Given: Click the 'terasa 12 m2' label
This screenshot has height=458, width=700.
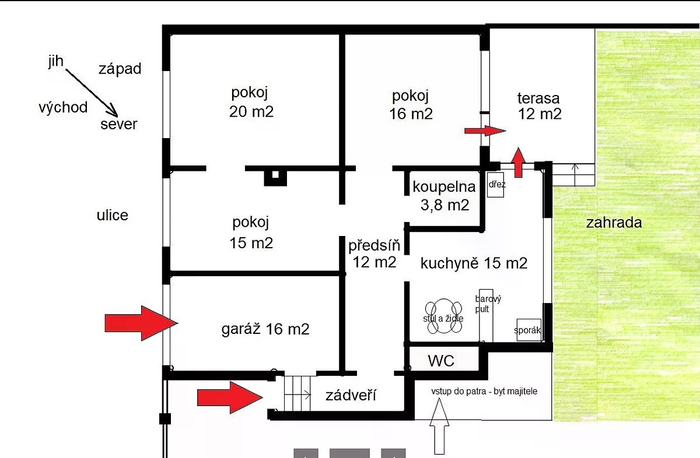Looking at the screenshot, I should coord(540,106).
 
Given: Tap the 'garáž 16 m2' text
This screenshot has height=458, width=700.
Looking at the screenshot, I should coord(265,329).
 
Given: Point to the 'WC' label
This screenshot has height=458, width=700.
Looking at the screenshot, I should coord(441,361).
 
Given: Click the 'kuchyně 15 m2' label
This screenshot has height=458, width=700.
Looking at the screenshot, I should coord(474,263).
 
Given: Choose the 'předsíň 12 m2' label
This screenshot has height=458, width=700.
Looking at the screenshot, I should coord(374,253).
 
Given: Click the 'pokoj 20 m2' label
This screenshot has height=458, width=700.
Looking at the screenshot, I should coord(251,102).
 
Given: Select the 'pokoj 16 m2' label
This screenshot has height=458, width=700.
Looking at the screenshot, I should coord(411,105).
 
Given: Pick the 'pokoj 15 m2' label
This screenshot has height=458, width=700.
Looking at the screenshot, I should coord(251,232).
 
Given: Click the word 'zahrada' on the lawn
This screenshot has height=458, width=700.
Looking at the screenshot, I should coord(614,222).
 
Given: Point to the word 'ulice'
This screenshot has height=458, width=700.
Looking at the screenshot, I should coord(112,216).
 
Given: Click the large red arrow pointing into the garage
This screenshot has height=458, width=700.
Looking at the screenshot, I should coord(141,322).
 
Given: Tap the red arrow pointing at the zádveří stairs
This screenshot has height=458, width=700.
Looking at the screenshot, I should coord(229,398).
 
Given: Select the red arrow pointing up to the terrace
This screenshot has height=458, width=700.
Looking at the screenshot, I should coord(518,162).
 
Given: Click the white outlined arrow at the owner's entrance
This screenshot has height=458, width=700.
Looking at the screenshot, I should coord(439,427).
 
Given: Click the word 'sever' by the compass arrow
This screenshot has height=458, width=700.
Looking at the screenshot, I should coord(118,124).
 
